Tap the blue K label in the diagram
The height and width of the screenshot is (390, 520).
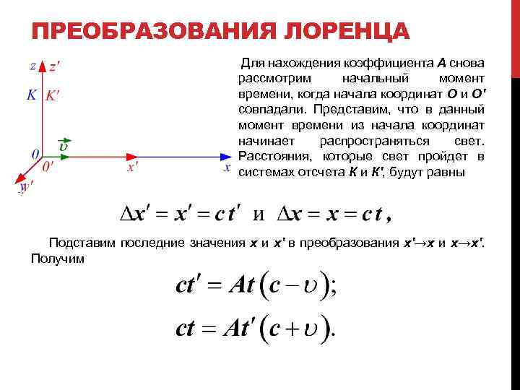(31, 95)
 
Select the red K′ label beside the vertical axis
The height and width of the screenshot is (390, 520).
(53, 95)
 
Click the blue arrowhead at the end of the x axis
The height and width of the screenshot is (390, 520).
(225, 155)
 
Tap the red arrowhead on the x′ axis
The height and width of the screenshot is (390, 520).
(133, 155)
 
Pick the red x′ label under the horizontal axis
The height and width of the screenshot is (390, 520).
(133, 168)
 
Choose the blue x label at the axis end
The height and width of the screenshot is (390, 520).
(227, 168)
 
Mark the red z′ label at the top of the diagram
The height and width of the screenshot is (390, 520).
(54, 66)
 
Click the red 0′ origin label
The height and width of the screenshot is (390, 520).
(48, 165)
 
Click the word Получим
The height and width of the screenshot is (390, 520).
(57, 258)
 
